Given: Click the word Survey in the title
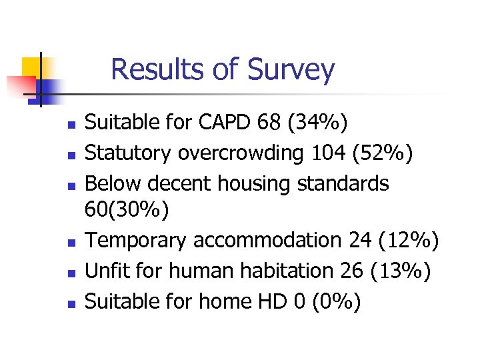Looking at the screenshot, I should [x=291, y=70].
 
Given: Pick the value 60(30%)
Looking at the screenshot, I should [x=127, y=210].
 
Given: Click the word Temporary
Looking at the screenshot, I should [x=137, y=240].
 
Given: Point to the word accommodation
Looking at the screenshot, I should [x=267, y=240].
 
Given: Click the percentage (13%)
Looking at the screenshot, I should [x=401, y=271].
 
